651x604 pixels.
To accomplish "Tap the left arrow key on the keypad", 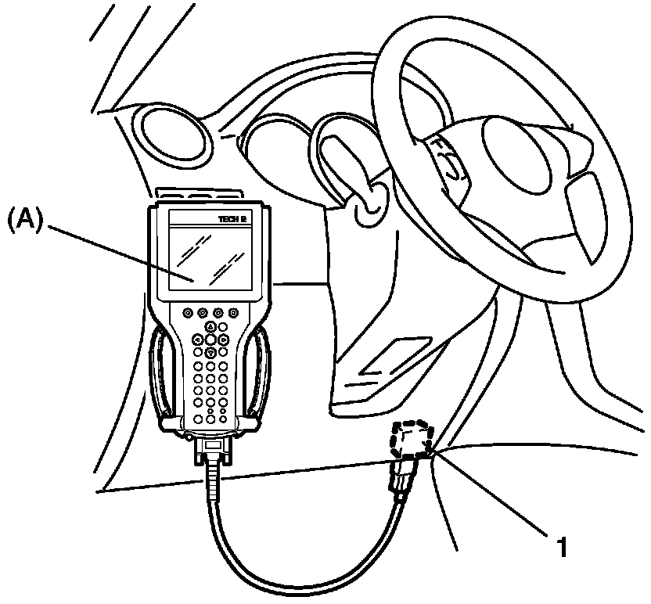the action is [199, 340].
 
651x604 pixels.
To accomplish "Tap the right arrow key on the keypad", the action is [224, 340].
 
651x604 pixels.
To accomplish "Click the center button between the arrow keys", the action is [211, 340].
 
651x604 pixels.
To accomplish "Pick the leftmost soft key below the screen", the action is [189, 312].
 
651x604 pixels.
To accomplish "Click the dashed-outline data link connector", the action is [412, 442].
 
